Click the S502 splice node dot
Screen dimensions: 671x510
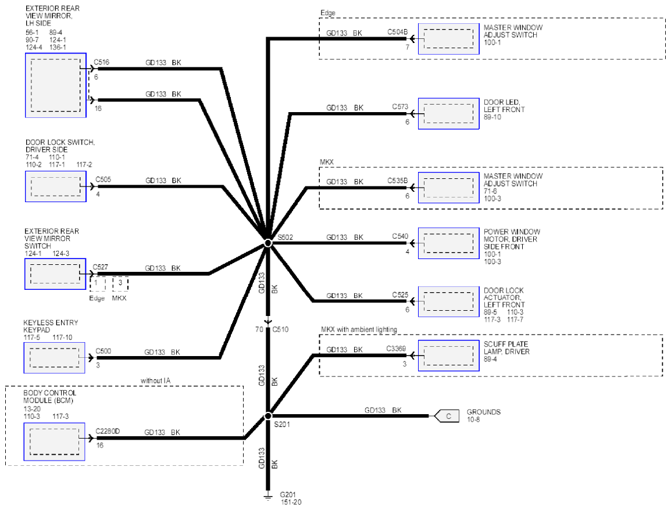coord(268,243)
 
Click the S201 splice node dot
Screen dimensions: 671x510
coord(268,415)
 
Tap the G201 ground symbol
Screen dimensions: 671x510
coord(268,496)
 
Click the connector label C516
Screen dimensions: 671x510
coord(101,62)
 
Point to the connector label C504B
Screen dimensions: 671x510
coord(398,32)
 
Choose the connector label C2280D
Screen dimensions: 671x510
coord(108,431)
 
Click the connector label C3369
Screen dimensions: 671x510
coord(396,349)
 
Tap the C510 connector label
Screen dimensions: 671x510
coord(280,329)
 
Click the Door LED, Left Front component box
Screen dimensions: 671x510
coord(448,114)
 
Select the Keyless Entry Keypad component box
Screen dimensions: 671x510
coord(54,358)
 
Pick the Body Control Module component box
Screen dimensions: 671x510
coord(54,442)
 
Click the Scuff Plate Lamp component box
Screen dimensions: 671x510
coord(448,355)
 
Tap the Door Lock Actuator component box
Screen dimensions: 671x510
coord(448,301)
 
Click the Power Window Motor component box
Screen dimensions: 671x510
coord(448,243)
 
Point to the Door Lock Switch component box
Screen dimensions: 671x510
coord(56,186)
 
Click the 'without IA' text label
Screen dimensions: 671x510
coord(155,380)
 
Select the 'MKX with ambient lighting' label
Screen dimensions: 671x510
coord(359,329)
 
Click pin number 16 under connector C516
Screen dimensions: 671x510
coord(98,109)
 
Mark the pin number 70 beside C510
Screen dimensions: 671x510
coord(259,329)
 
